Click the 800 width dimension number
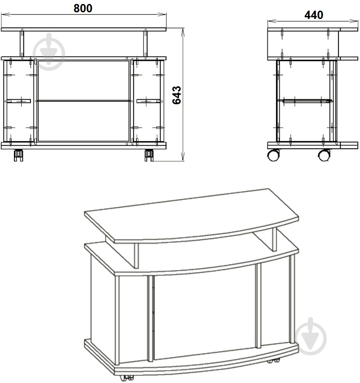[x=83, y=8]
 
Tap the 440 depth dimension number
[x=314, y=15]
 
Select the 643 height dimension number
[x=177, y=95]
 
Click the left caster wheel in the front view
[x=18, y=155]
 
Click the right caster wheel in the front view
[x=149, y=155]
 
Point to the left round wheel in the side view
[x=273, y=155]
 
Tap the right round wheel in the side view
[x=324, y=155]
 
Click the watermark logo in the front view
[x=49, y=52]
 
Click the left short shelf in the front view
[x=18, y=101]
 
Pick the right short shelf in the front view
[x=150, y=101]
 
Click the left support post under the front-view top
[x=22, y=44]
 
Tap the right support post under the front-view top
[x=146, y=44]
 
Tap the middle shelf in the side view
[x=307, y=100]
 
